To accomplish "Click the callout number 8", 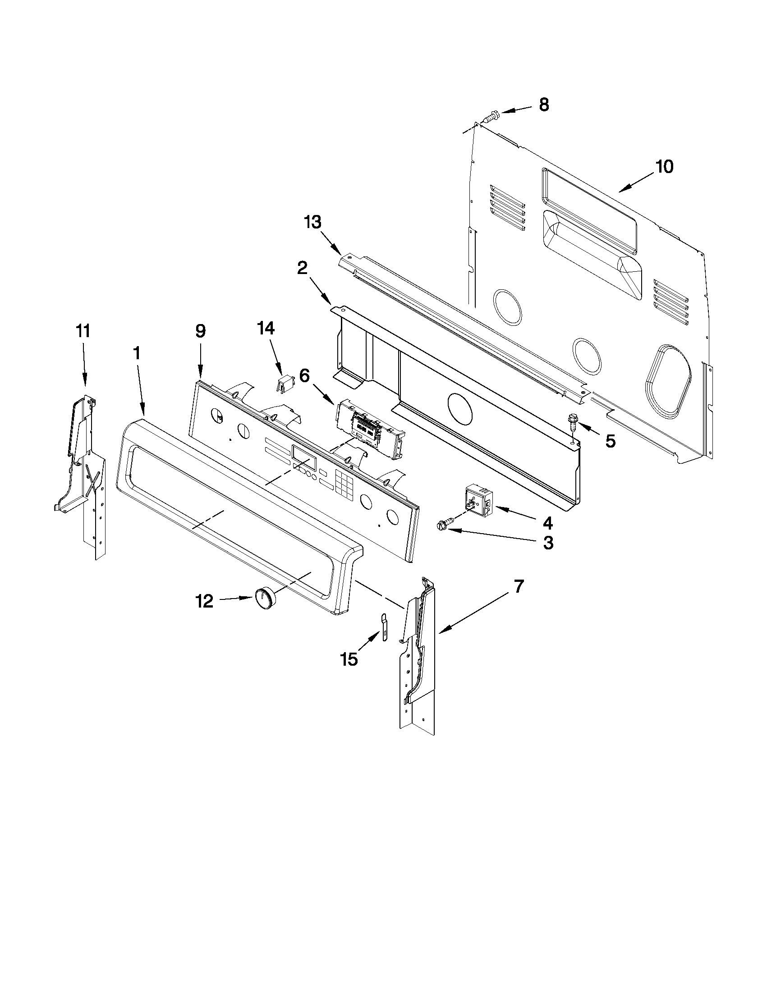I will point(544,105).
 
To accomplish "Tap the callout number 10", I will point(664,167).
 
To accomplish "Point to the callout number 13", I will point(313,223).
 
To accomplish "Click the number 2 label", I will point(302,269).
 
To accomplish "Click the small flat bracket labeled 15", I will point(383,627).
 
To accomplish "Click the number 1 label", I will point(137,353).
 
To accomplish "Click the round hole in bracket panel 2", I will point(459,408).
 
